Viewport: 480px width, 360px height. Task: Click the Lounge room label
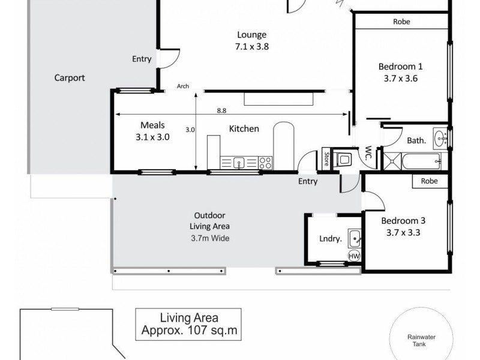point(251,34)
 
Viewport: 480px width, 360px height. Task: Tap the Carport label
point(70,77)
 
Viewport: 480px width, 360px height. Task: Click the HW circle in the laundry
point(354,256)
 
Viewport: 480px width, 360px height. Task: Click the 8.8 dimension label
point(221,110)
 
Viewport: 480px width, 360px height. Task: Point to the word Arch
point(183,86)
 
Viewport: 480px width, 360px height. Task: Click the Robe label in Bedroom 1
point(401,22)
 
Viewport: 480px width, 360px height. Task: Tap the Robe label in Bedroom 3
point(429,181)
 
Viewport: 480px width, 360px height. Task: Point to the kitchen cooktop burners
point(265,162)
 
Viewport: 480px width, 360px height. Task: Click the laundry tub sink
point(354,238)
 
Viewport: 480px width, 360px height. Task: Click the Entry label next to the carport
point(142,59)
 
